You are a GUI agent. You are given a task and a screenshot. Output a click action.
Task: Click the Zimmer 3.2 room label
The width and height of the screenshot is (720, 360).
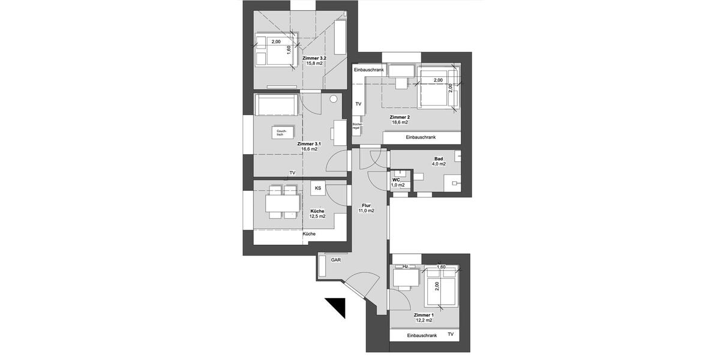click(x=314, y=57)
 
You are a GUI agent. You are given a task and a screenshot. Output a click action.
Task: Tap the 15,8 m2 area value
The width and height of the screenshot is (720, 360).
click(x=314, y=63)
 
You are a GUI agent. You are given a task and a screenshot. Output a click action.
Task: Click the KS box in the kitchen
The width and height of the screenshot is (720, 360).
click(x=318, y=188)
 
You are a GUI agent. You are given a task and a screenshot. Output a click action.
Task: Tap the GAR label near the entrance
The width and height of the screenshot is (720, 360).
click(x=335, y=260)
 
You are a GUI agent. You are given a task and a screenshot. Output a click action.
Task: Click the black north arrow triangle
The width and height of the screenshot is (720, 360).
click(x=338, y=307)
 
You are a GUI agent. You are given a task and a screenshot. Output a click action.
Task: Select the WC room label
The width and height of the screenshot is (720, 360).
click(x=396, y=179)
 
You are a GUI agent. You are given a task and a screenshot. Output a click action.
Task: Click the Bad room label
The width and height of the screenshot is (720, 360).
click(x=439, y=158)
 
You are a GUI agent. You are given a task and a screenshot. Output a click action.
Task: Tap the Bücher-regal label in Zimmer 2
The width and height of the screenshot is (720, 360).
click(x=356, y=126)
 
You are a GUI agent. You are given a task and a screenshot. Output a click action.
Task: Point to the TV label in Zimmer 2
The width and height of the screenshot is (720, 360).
click(x=359, y=104)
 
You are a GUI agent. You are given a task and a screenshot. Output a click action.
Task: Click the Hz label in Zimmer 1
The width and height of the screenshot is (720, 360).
click(x=406, y=266)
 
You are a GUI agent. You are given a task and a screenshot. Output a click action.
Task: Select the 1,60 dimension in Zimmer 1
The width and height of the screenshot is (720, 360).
click(x=441, y=266)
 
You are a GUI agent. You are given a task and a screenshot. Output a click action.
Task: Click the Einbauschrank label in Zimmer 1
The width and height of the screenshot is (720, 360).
click(x=422, y=335)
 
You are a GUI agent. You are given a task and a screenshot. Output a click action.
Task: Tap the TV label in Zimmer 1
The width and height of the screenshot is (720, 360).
click(x=451, y=334)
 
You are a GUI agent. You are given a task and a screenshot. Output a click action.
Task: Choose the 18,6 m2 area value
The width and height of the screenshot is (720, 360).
click(x=399, y=122)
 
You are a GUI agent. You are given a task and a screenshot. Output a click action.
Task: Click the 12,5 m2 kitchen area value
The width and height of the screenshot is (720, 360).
click(x=317, y=217)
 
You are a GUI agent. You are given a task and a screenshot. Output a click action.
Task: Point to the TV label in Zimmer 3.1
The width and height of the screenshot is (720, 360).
click(x=292, y=173)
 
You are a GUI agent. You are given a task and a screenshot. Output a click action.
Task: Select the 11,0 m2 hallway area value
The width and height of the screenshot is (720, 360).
click(x=366, y=211)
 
